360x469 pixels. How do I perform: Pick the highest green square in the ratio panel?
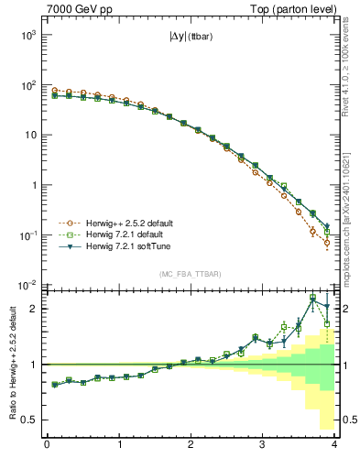point(312,298)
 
